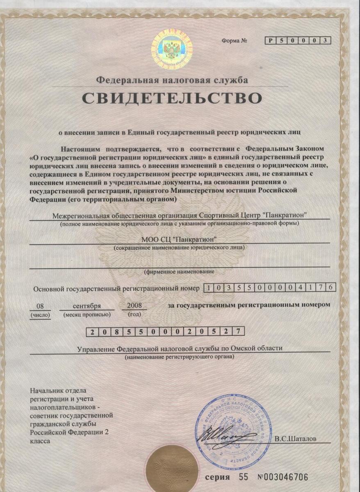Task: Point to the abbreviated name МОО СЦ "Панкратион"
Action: (x=179, y=239)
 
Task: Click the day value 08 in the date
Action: (x=40, y=306)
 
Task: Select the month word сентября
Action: (x=87, y=306)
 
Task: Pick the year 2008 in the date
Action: (x=134, y=306)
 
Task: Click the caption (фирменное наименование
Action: (x=179, y=271)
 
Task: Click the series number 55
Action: (x=244, y=478)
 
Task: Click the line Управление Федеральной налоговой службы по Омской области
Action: (x=180, y=348)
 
